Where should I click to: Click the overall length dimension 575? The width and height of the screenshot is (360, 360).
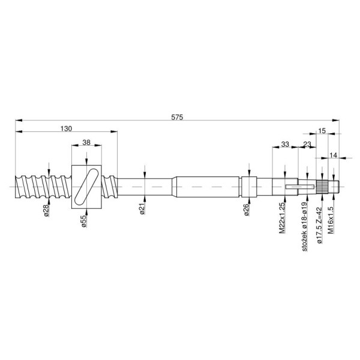click(177, 118)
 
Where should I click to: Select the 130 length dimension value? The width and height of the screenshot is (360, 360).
click(66, 128)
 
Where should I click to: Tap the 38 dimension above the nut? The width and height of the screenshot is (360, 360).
click(86, 143)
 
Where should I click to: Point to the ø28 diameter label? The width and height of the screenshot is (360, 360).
click(47, 211)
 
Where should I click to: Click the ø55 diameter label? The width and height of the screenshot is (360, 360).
click(84, 221)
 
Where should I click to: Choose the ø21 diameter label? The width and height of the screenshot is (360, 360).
click(142, 209)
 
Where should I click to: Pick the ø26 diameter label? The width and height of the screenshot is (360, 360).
click(247, 210)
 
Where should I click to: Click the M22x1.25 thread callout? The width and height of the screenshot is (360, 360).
click(282, 218)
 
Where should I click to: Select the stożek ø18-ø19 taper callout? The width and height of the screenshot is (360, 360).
click(304, 227)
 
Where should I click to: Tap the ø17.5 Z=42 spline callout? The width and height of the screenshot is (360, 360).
click(319, 225)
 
